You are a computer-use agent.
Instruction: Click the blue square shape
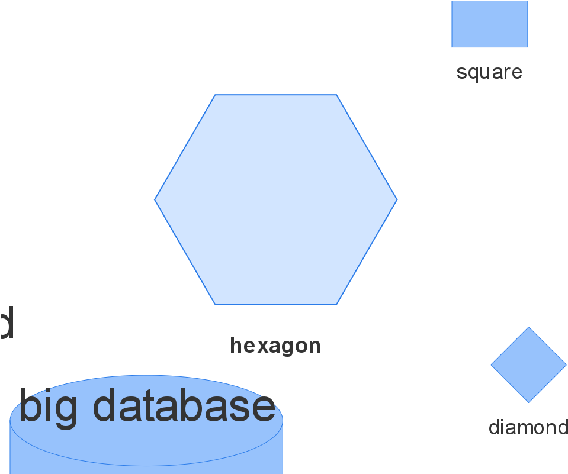pyautogui.click(x=489, y=24)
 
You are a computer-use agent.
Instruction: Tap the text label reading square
pyautogui.click(x=489, y=72)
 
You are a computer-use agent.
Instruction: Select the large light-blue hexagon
pyautogui.click(x=276, y=199)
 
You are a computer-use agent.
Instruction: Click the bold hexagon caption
pyautogui.click(x=275, y=346)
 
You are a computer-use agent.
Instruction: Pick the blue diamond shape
pyautogui.click(x=528, y=365)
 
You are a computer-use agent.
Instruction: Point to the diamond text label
pyautogui.click(x=527, y=427)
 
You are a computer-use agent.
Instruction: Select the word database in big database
pyautogui.click(x=184, y=406)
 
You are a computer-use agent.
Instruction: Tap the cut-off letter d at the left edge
pyautogui.click(x=5, y=323)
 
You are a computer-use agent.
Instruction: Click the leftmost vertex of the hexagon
pyautogui.click(x=156, y=200)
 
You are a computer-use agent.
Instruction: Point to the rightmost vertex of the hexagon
pyautogui.click(x=396, y=200)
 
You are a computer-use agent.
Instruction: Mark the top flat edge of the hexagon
pyautogui.click(x=276, y=95)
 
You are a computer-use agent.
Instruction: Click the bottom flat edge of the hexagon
pyautogui.click(x=276, y=304)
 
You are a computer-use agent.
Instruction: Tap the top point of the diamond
pyautogui.click(x=528, y=328)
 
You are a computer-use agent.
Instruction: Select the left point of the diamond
pyautogui.click(x=492, y=365)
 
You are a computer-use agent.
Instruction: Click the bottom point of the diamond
pyautogui.click(x=528, y=402)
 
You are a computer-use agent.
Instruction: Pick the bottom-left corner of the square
pyautogui.click(x=453, y=47)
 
